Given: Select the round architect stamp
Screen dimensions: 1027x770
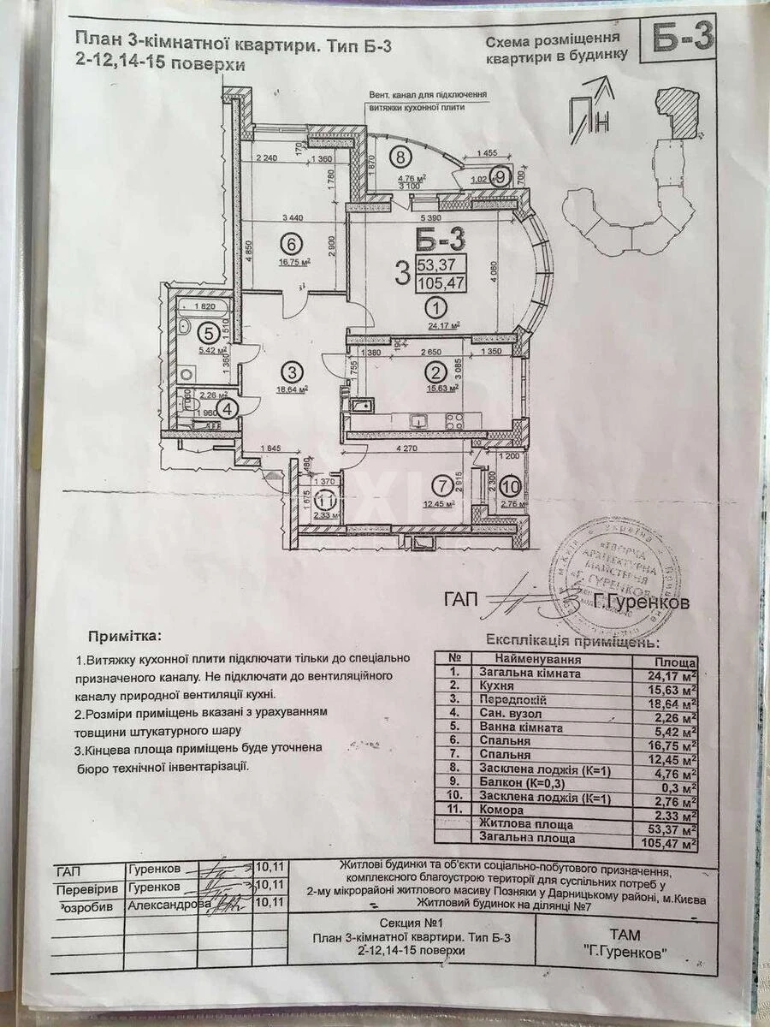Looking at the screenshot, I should pos(614,569).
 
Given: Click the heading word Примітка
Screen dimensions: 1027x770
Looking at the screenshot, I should pos(122,637).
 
